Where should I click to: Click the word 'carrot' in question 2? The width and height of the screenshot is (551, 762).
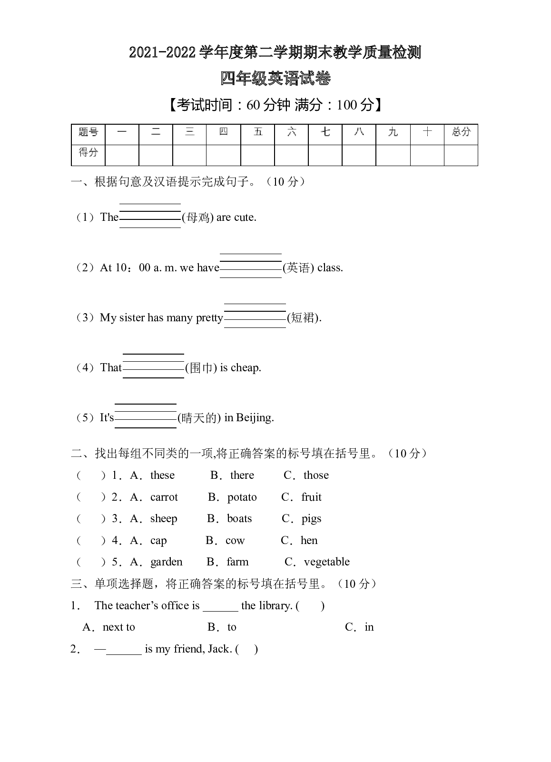(164, 497)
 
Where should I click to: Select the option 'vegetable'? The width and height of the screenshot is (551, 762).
(326, 562)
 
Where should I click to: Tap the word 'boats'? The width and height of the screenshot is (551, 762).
(239, 518)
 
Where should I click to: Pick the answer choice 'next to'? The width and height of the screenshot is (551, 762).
(118, 627)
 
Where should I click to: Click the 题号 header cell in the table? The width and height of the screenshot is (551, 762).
(88, 132)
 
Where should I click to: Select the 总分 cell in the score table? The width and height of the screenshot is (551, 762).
(461, 132)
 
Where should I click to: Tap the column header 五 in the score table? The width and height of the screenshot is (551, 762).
(258, 132)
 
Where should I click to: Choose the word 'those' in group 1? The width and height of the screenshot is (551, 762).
(316, 475)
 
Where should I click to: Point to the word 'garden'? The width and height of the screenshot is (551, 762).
(167, 562)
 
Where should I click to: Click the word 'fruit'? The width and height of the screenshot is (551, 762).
(311, 497)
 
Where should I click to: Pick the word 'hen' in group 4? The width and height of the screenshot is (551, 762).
(309, 540)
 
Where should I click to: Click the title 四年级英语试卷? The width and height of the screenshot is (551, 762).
(275, 79)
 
